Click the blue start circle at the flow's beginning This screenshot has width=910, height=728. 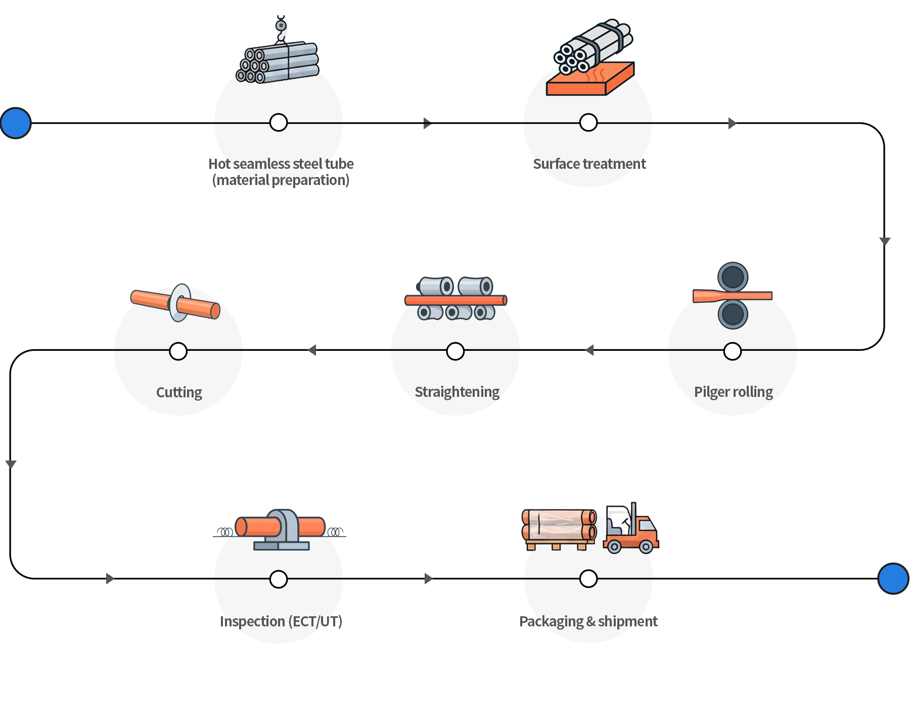click(16, 123)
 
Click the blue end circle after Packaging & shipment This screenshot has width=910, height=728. click(893, 578)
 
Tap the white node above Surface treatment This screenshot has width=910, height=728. click(588, 122)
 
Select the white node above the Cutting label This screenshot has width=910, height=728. click(178, 351)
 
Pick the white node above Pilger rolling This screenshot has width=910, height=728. click(733, 351)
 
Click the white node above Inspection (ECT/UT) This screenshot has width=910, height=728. click(279, 579)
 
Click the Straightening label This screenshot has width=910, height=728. click(457, 392)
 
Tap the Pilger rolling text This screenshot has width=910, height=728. click(733, 392)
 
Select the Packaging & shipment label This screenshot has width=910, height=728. click(588, 621)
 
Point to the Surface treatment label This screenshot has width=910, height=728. click(589, 164)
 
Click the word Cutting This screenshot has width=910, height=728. click(179, 393)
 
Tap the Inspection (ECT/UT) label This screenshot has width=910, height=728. click(281, 621)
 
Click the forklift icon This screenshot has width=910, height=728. click(631, 530)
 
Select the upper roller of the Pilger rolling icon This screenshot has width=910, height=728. click(733, 277)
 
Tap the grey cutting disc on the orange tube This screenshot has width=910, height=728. click(179, 302)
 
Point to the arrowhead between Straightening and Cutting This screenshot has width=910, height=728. click(312, 350)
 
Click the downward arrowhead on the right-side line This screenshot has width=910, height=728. click(884, 241)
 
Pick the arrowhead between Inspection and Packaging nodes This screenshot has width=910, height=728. click(428, 578)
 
